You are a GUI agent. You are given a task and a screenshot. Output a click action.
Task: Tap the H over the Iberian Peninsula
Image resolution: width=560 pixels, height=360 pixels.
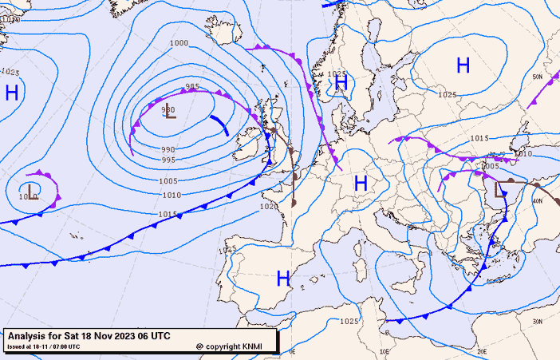282,279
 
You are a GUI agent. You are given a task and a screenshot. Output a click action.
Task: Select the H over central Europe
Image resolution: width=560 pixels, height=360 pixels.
361,184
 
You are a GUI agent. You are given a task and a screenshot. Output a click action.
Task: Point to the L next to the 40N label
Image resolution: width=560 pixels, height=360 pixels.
500,189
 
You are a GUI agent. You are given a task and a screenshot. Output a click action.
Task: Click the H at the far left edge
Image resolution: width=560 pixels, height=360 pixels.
11,93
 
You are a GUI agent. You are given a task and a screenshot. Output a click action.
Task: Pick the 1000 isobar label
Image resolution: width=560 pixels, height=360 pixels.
179,43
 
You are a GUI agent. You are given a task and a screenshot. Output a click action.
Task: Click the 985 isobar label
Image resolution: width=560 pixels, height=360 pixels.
192,87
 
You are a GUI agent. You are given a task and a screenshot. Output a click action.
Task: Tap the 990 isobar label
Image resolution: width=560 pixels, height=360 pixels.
168,149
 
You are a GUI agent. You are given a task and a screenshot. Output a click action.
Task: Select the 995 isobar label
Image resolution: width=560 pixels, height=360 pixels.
168,160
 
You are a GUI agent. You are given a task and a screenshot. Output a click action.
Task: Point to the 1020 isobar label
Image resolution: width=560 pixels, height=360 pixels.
270,206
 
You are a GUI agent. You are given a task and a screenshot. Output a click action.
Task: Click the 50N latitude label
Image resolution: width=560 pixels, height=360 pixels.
537,77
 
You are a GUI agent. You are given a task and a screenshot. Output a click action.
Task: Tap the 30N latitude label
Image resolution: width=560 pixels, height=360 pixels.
538,322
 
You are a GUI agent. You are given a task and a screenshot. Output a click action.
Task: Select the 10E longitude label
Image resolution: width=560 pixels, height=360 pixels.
385,350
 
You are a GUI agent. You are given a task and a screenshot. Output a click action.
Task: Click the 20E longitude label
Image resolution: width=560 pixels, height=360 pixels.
481,350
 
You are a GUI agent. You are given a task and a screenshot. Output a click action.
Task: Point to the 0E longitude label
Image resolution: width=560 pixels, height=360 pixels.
292,350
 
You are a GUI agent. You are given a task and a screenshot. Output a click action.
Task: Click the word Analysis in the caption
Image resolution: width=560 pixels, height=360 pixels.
29,336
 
